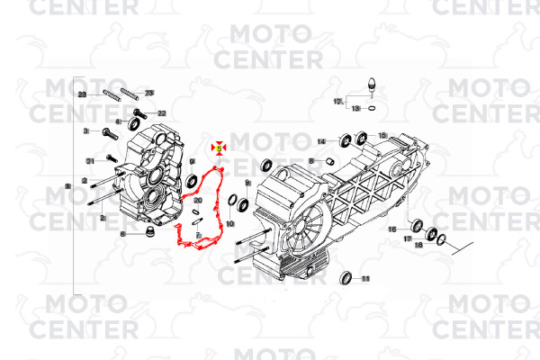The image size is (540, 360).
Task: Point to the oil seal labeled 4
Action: [x=132, y=122]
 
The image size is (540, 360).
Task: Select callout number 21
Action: [x=90, y=160]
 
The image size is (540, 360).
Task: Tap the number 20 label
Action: [x=197, y=201]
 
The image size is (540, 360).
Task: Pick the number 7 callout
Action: [x=198, y=233]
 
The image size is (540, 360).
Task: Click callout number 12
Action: [x=338, y=101]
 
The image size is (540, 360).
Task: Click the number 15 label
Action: [x=382, y=135]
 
